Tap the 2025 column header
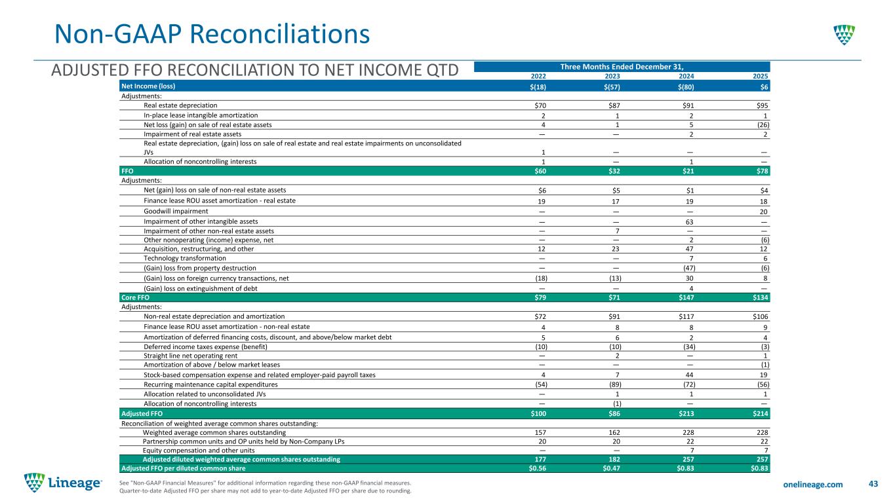click(761, 75)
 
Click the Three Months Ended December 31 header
click(622, 66)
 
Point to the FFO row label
click(127, 171)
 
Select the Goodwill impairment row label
click(176, 212)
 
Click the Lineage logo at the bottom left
click(63, 483)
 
